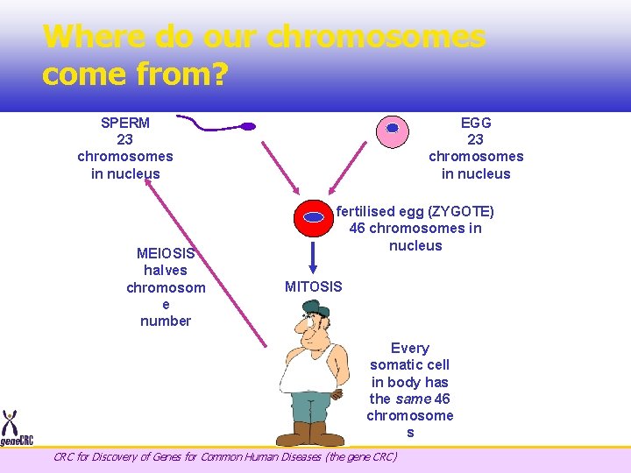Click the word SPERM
click(x=125, y=123)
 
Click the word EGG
click(x=476, y=123)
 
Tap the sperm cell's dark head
click(x=248, y=127)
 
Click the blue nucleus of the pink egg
click(x=393, y=128)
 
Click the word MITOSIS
click(x=314, y=286)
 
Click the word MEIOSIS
click(x=166, y=253)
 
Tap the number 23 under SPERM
click(x=125, y=139)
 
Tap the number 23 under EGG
click(x=476, y=139)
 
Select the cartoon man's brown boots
click(x=310, y=434)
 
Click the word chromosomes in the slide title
click(x=376, y=37)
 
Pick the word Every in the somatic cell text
click(x=410, y=348)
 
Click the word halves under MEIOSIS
click(x=166, y=270)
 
